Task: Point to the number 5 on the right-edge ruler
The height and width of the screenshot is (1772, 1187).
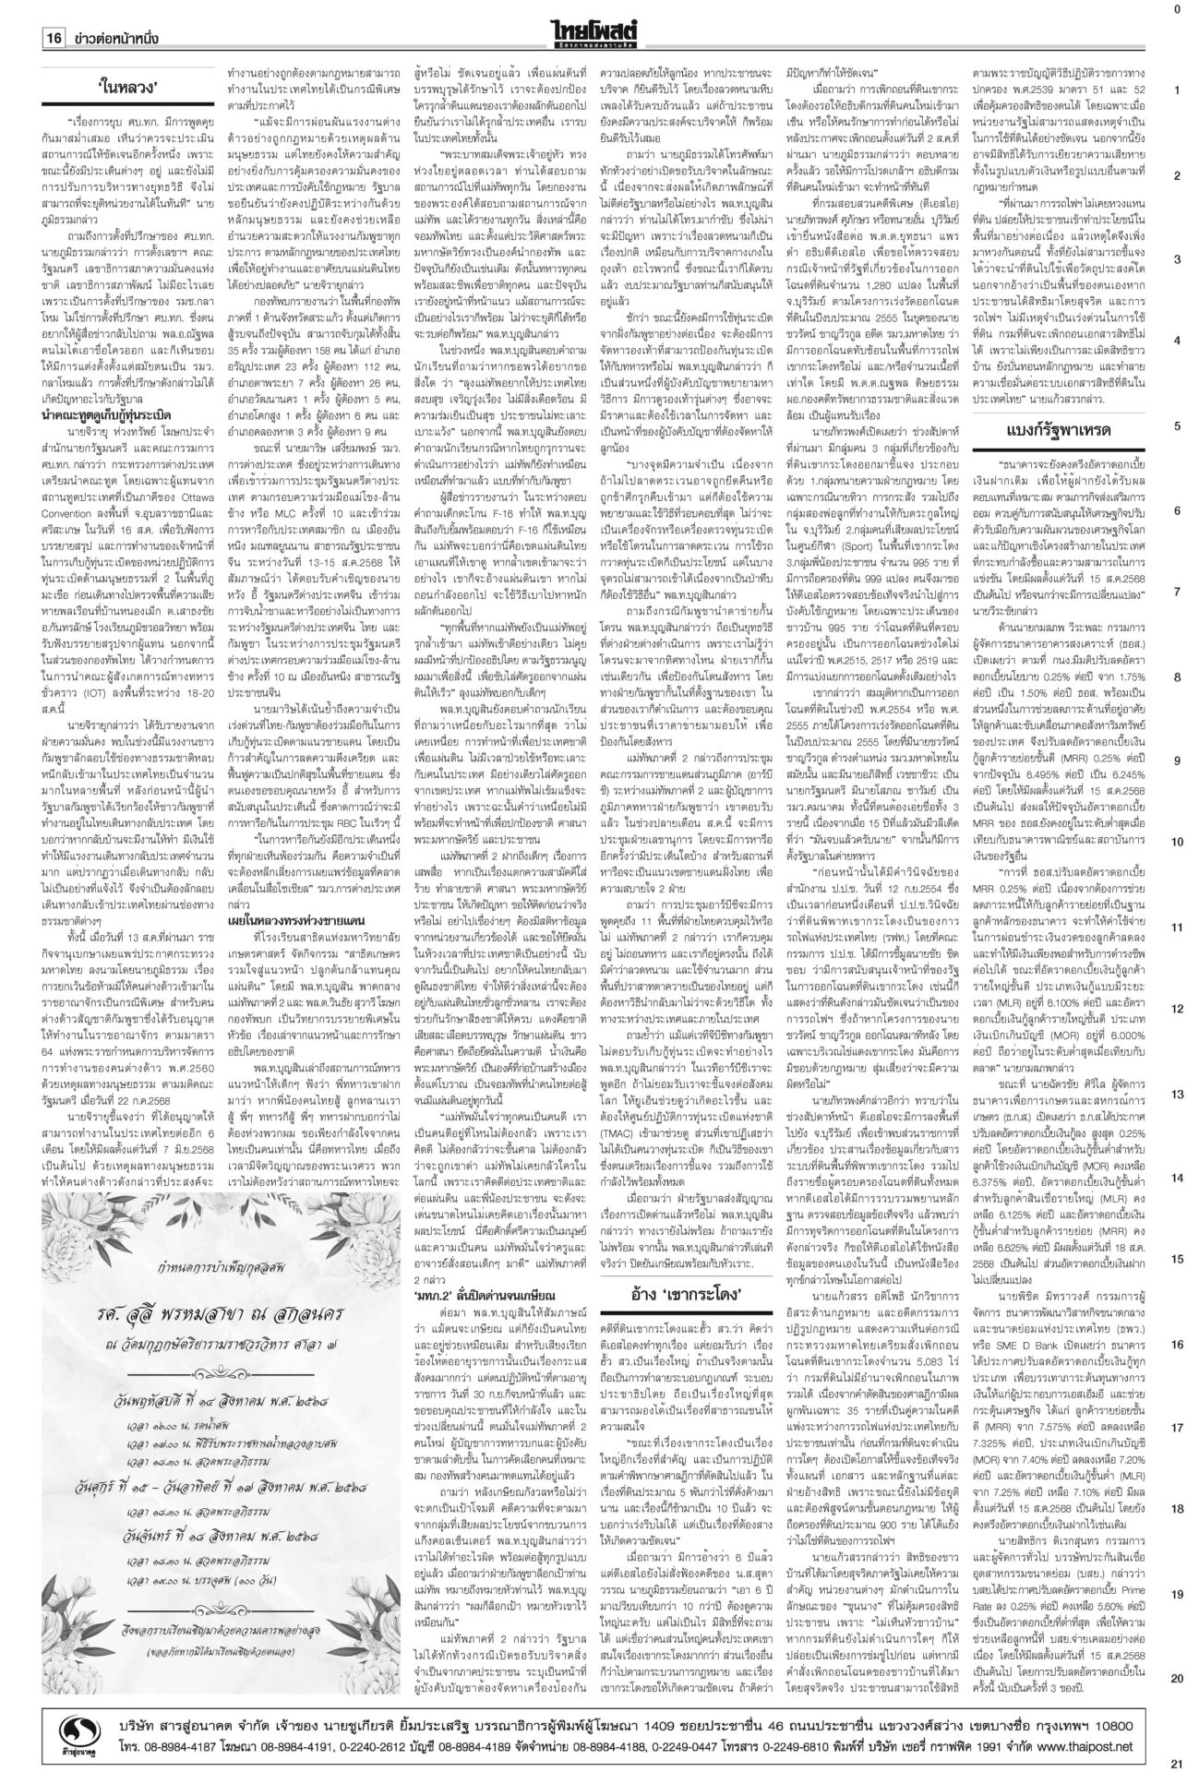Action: point(1177,426)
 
